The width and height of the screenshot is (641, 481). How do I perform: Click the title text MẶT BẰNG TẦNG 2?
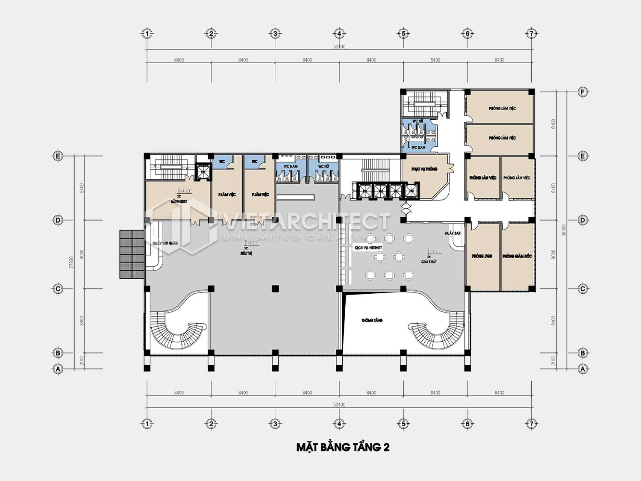pos(343,447)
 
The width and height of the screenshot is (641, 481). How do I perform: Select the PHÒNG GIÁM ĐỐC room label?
pos(517,256)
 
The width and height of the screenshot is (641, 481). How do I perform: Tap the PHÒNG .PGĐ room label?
pos(482,256)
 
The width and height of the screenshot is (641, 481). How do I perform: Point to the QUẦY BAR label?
pos(452,233)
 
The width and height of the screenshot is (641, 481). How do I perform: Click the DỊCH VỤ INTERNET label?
pos(368,248)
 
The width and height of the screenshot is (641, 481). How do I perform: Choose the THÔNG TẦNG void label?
pos(372,320)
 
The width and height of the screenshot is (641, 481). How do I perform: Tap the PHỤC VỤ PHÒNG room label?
pos(424,169)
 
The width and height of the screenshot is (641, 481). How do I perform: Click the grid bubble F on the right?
pos(582,92)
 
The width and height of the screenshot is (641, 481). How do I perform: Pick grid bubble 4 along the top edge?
pos(339,33)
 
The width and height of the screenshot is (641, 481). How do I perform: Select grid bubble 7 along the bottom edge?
pos(532,424)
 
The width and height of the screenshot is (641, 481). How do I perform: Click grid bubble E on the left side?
pos(58,156)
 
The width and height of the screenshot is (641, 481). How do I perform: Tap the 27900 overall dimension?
pos(71,262)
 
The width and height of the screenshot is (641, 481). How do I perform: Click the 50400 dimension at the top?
pos(339,47)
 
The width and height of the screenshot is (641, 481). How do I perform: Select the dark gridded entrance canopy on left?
pos(132,254)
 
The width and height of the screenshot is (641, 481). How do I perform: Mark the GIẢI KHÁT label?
pos(429,262)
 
